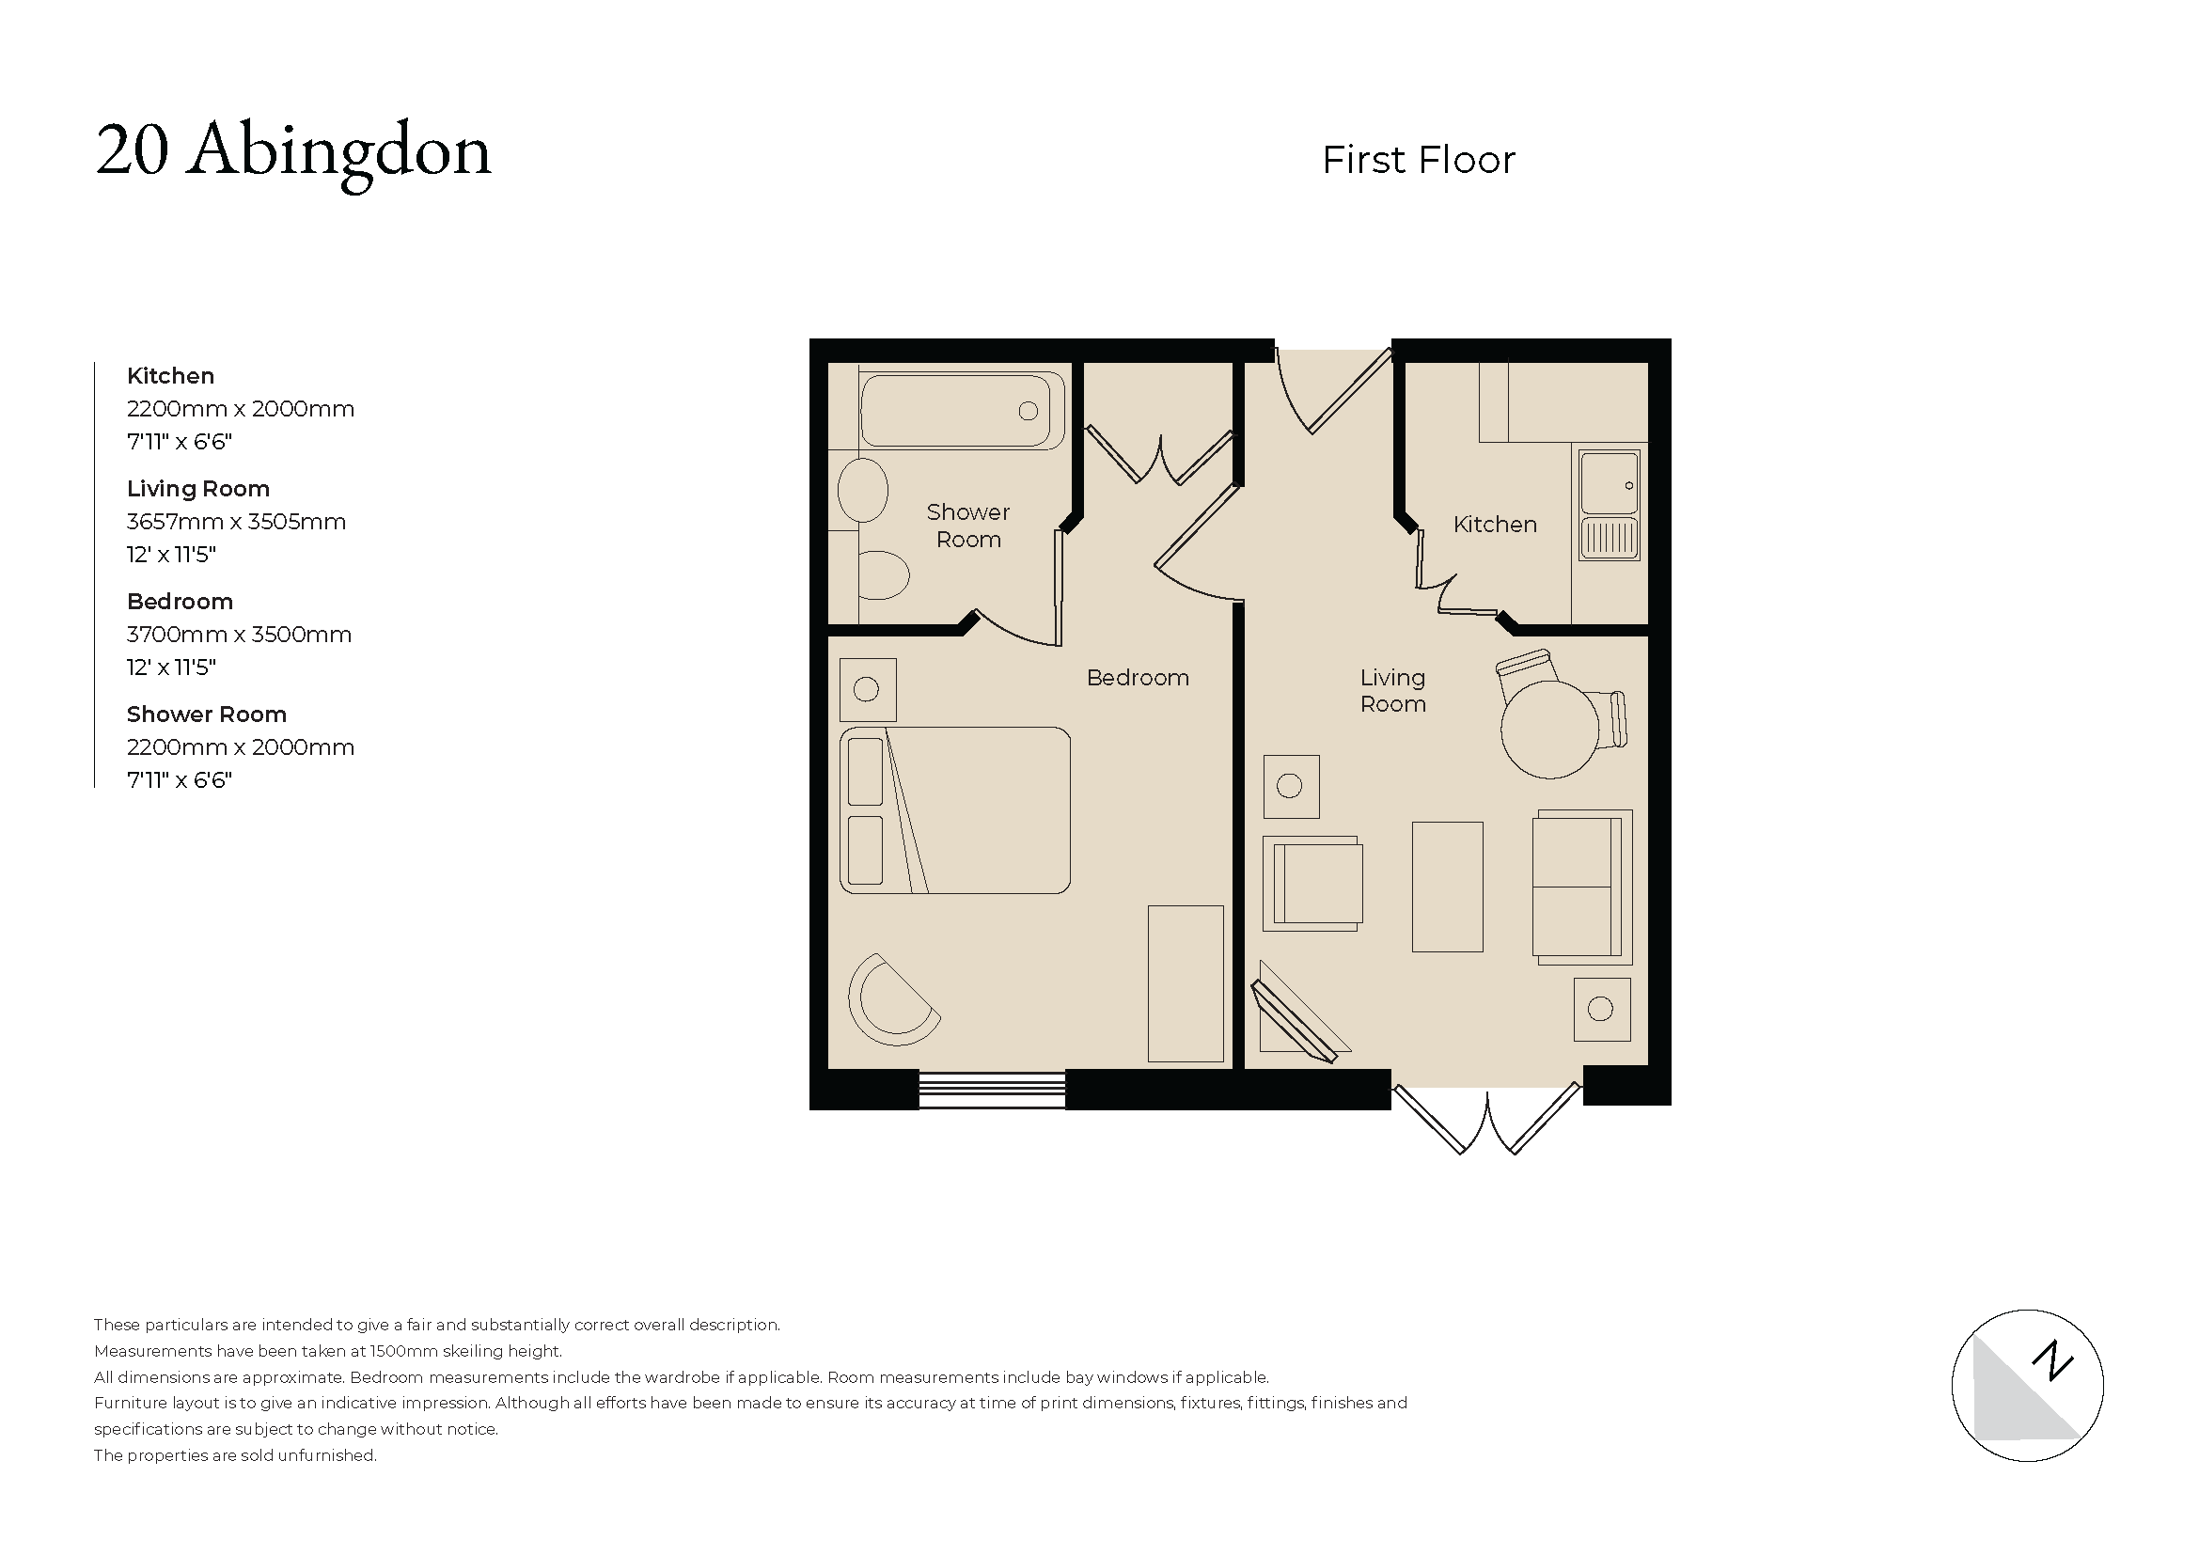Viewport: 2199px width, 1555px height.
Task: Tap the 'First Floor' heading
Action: point(1418,161)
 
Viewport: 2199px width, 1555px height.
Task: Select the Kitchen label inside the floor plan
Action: point(1494,525)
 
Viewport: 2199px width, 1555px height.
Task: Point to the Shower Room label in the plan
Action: point(967,526)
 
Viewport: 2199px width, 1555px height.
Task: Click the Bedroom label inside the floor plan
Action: point(1137,678)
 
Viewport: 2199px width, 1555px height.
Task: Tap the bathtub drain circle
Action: point(1028,411)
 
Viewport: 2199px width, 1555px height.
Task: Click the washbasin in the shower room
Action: point(862,489)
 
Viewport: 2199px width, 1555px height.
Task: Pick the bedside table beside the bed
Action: point(867,689)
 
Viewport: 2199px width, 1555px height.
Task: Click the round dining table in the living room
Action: point(1548,729)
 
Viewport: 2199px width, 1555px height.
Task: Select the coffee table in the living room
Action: point(1446,887)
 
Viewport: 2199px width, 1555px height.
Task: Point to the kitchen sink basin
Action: point(1608,483)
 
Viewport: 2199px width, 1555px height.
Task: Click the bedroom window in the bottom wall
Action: point(991,1090)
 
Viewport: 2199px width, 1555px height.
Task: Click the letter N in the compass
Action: point(2051,1360)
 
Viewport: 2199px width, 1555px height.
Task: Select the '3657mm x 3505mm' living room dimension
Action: point(236,522)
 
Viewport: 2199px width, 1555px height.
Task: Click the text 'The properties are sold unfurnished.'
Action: point(236,1455)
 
